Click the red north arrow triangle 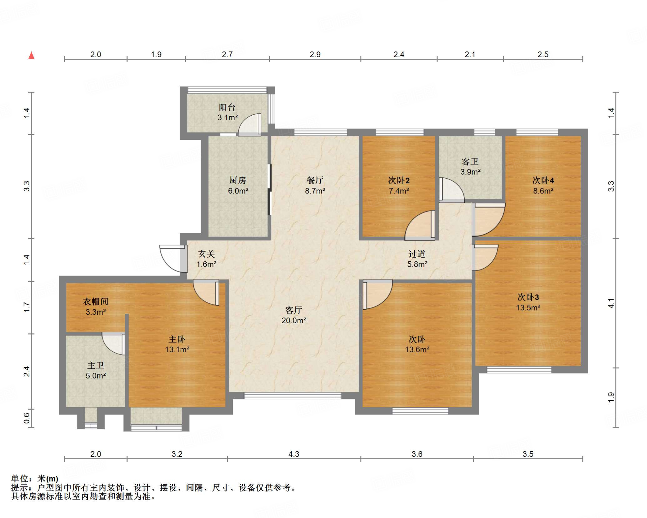coord(31,56)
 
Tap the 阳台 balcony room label coord(227,107)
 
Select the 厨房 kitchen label coord(238,180)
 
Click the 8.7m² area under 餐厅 coord(315,191)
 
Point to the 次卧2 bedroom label coord(399,180)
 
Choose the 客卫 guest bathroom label coord(470,162)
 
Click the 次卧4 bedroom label coord(543,180)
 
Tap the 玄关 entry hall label coord(207,254)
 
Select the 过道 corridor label coord(417,254)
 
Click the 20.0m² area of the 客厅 coord(294,320)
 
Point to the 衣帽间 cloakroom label coord(95,301)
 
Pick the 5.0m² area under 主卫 coord(95,376)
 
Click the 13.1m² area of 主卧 coord(177,349)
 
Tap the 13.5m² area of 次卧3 coord(528,307)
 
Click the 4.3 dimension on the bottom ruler coord(294,454)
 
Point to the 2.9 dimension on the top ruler coord(315,54)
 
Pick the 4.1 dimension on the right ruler coord(611,303)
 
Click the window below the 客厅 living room coord(293,396)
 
